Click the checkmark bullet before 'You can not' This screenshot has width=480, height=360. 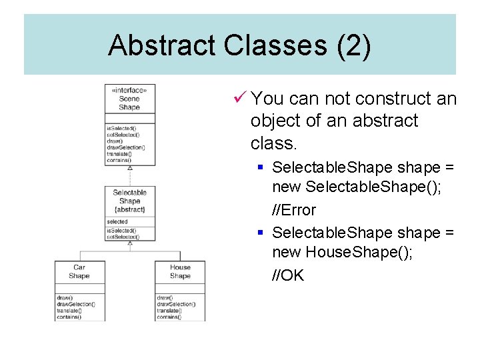241,99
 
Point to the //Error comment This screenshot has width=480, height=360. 294,210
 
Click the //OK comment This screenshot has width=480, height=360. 288,275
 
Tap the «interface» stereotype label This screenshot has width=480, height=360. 129,90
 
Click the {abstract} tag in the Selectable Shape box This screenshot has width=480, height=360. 130,209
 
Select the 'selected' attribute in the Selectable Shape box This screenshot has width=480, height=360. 117,221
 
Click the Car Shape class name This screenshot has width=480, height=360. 79,271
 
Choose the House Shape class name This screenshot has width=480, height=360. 180,271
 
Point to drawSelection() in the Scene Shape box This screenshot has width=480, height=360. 126,147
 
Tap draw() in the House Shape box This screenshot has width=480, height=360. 165,297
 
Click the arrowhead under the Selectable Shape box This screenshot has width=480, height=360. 130,243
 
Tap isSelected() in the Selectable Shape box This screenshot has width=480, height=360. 121,231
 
